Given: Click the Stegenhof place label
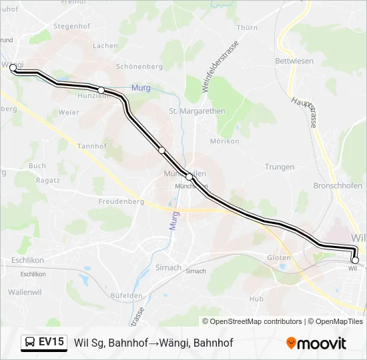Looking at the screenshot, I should click(71, 27).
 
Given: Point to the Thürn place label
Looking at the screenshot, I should click(247, 27).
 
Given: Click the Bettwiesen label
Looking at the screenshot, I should click(294, 61).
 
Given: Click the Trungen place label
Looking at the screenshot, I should click(280, 167).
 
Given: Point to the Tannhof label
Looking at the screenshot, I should click(92, 146).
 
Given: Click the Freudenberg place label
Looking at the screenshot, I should click(121, 200).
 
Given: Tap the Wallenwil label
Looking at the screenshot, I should click(25, 292).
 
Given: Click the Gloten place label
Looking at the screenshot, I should click(279, 257).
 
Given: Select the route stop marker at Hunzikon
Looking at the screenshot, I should click(101, 90).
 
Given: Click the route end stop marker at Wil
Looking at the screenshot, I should click(355, 260).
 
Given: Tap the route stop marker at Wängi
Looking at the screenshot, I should click(13, 67).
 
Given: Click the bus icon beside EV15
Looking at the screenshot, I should click(30, 343).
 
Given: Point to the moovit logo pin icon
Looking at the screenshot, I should click(291, 343).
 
